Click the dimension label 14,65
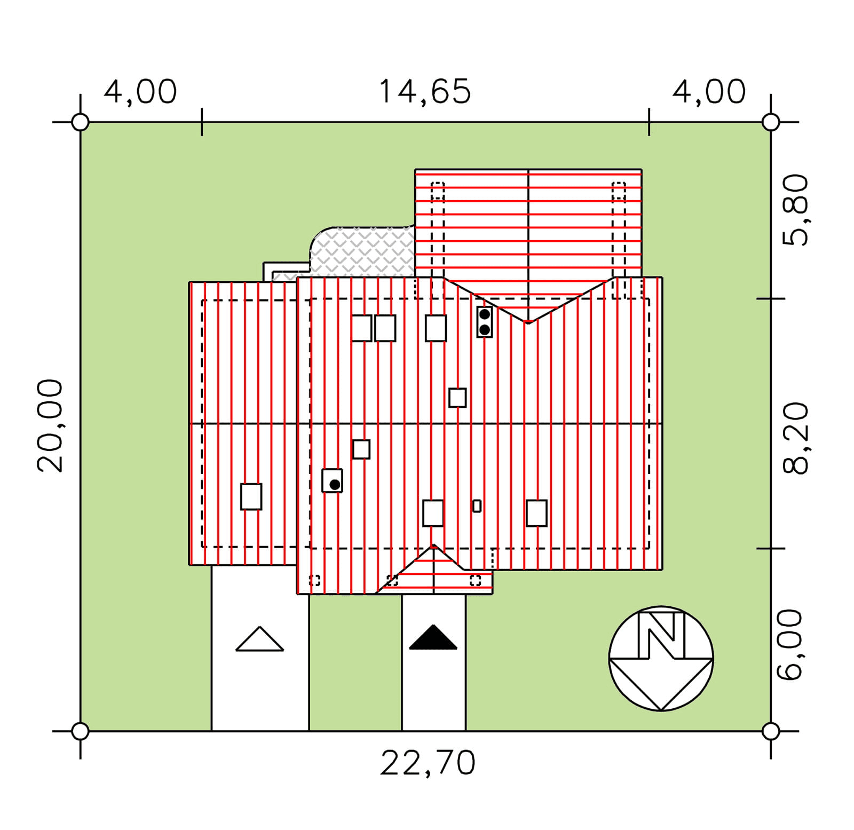click(x=425, y=92)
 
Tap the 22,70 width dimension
click(x=428, y=763)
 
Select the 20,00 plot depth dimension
click(x=50, y=425)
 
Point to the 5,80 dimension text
click(x=795, y=210)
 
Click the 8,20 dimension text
click(x=795, y=438)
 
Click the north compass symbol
click(x=661, y=658)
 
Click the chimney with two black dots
click(x=484, y=322)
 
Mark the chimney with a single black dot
click(x=332, y=480)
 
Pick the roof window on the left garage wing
click(x=251, y=496)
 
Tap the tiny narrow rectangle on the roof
click(x=477, y=505)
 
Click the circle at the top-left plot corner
click(x=80, y=122)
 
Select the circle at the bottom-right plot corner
click(x=770, y=731)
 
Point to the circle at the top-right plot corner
click(x=770, y=122)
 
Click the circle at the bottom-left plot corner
click(x=80, y=731)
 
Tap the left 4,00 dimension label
click(x=140, y=92)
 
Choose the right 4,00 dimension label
click(x=709, y=92)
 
